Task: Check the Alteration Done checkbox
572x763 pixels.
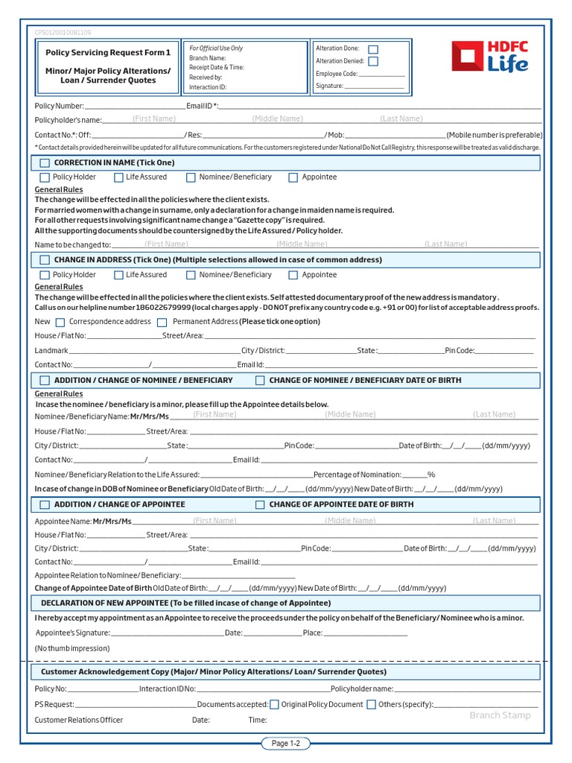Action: pos(373,48)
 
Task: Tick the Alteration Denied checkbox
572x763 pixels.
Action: pos(373,61)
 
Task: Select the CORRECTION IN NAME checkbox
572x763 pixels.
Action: pos(45,162)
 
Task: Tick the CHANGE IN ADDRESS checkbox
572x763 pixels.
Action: pos(45,260)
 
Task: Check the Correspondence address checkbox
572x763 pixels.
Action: pos(60,322)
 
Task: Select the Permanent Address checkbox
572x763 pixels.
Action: pos(162,322)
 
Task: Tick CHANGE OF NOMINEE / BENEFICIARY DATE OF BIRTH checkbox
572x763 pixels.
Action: pos(260,380)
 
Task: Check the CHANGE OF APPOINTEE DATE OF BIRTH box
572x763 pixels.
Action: pos(260,504)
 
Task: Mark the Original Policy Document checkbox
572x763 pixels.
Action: pos(275,704)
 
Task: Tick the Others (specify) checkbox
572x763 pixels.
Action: pos(372,704)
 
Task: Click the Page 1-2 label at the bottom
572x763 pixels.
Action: pos(285,743)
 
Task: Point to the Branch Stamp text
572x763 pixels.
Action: pos(500,715)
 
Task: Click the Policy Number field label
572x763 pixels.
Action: pos(60,107)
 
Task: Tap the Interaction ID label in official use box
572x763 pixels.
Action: pos(208,86)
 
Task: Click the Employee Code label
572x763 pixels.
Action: pos(337,74)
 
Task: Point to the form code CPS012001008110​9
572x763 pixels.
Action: pos(63,33)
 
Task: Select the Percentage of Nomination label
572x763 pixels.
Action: pos(357,475)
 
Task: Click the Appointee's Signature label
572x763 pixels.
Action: pos(73,633)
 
